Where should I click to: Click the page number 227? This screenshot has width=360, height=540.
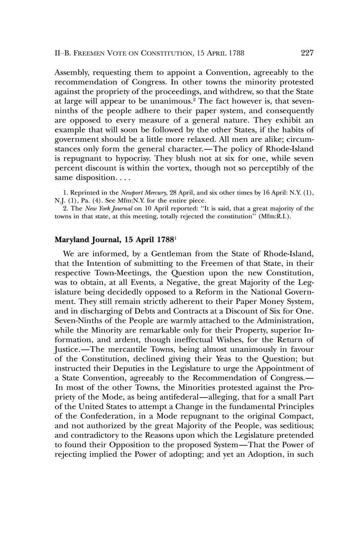tap(307, 53)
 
